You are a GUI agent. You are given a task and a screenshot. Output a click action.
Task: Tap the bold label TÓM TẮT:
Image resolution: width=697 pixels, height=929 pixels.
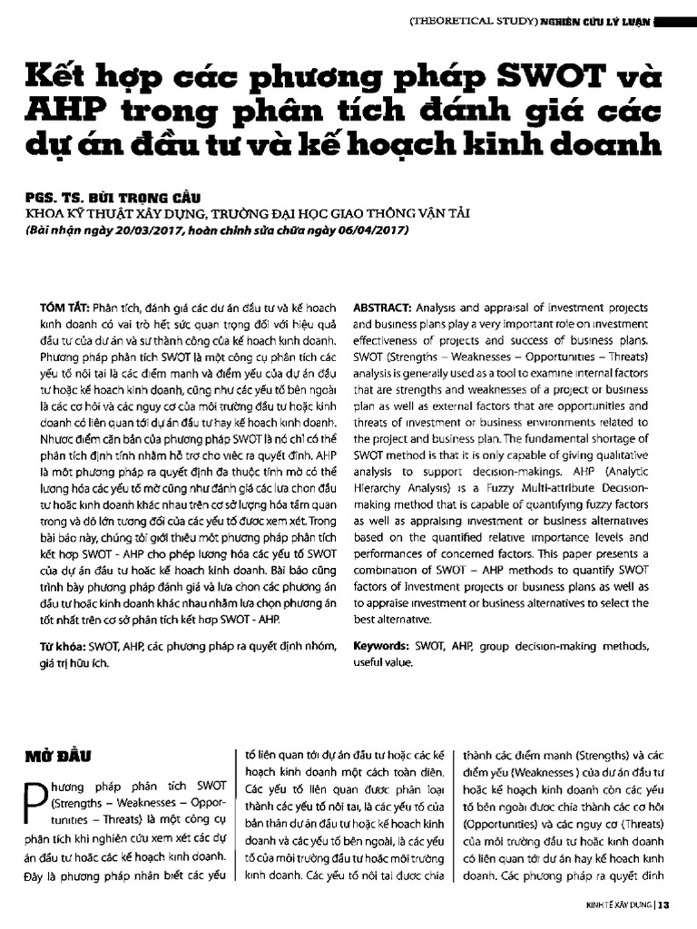[64, 307]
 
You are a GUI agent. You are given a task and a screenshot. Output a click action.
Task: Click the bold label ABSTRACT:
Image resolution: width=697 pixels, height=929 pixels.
[382, 307]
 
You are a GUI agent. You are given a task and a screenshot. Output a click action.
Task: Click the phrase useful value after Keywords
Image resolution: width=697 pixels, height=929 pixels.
[380, 662]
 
